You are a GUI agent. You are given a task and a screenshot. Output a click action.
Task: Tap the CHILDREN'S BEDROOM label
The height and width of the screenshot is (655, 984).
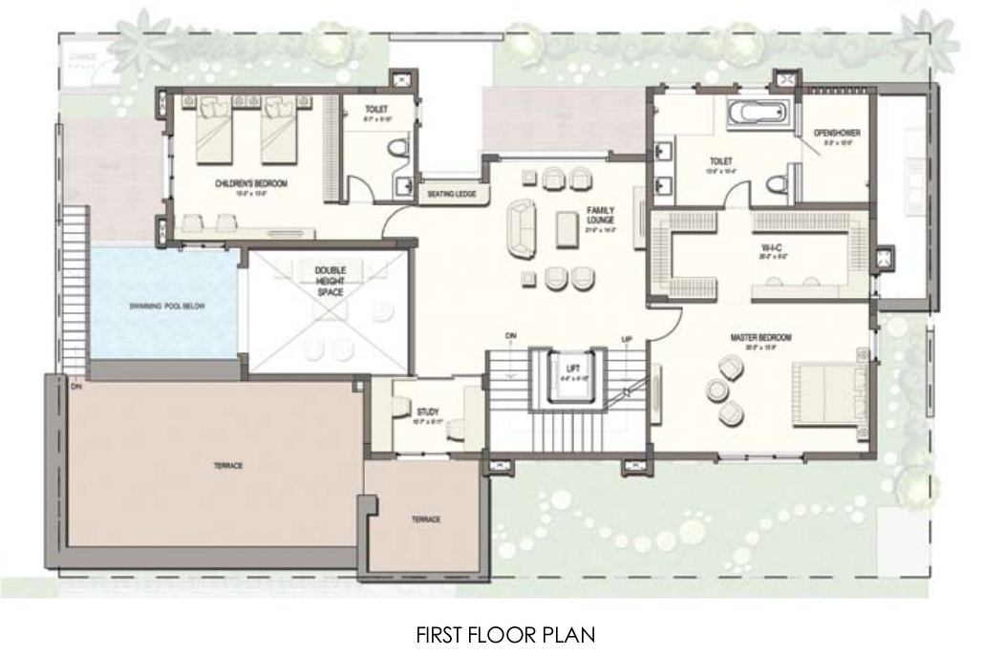click(252, 182)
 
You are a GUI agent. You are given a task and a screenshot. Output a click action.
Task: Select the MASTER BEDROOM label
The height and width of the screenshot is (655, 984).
click(760, 337)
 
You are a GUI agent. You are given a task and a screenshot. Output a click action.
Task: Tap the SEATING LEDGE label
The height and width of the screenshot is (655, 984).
click(453, 195)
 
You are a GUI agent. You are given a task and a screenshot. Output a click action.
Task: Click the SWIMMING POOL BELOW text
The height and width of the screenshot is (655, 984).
click(168, 306)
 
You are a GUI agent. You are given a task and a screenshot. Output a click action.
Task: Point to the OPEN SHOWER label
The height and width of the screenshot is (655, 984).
click(837, 132)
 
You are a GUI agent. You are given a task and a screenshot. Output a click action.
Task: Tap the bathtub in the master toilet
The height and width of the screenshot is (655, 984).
click(759, 115)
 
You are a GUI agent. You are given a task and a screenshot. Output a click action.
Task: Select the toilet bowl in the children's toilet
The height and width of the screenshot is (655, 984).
click(398, 147)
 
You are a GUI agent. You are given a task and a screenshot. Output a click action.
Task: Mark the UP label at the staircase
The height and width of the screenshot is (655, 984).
click(627, 339)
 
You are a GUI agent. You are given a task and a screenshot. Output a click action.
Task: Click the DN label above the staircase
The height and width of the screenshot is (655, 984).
click(511, 335)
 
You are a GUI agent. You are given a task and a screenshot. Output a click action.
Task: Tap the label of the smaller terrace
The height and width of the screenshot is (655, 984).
click(425, 519)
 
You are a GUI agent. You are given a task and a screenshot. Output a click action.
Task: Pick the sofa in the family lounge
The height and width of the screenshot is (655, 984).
click(522, 228)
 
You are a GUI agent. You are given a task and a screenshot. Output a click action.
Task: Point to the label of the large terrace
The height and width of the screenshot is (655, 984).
click(229, 465)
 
